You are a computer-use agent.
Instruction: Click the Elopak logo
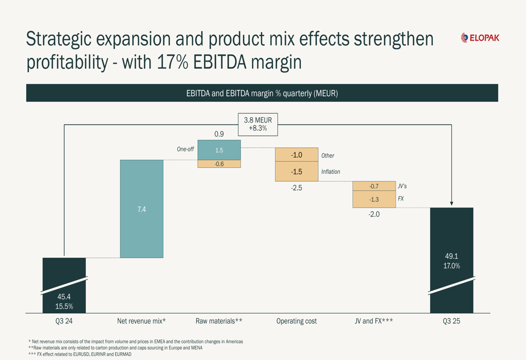(x=480, y=38)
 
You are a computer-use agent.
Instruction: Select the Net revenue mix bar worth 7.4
(x=141, y=209)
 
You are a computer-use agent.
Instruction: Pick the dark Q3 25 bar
(x=451, y=260)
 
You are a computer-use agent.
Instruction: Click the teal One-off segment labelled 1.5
(x=219, y=150)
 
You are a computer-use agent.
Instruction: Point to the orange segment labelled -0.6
(x=219, y=164)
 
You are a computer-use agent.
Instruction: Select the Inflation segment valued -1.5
(x=297, y=172)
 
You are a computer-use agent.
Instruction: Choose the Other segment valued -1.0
(x=297, y=155)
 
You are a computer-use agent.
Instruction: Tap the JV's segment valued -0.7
(x=374, y=186)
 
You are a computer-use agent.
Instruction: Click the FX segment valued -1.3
(x=374, y=199)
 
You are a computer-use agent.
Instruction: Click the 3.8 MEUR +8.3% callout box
(x=258, y=125)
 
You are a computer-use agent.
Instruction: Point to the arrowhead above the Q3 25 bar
(x=451, y=203)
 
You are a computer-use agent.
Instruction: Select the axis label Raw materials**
(x=219, y=321)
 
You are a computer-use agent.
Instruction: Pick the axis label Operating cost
(x=297, y=321)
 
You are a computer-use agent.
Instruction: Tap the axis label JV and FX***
(x=374, y=321)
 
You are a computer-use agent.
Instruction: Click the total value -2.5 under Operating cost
(x=297, y=188)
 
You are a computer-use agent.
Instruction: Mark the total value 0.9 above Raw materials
(x=219, y=134)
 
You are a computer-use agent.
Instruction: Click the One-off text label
(x=185, y=149)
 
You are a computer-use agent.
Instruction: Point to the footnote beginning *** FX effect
(x=80, y=354)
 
